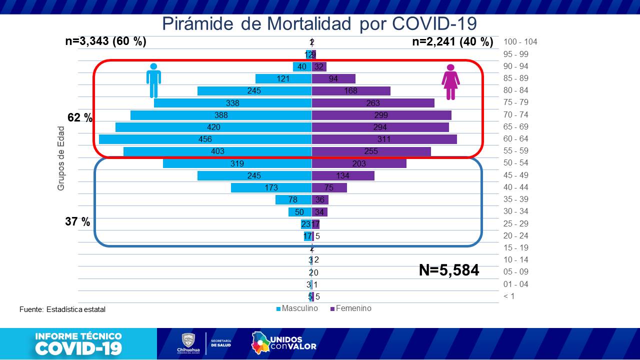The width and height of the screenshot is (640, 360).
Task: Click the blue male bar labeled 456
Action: pos(205,139)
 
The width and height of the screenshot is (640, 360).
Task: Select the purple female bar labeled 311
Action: pos(384,139)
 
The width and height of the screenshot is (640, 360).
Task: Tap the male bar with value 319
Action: pos(237,163)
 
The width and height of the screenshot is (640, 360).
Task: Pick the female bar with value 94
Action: pos(333,78)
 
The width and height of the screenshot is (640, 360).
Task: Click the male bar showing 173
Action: pos(271,187)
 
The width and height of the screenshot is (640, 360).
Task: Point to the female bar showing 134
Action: pos(343,175)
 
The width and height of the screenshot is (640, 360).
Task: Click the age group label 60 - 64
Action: pos(516,139)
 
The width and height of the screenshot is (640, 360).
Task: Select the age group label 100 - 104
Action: pos(520,42)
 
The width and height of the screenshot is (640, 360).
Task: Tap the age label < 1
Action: pos(508,296)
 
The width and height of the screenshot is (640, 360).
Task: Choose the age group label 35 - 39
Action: pos(516,199)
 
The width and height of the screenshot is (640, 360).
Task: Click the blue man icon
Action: pos(153,80)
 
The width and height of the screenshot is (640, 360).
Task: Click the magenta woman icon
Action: pos(450,82)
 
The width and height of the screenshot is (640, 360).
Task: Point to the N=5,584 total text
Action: pos(448,270)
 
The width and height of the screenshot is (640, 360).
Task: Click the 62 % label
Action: pos(80,118)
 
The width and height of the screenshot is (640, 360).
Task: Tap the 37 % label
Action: pos(77,221)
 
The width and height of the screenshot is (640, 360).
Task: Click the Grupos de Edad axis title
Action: pos(61,158)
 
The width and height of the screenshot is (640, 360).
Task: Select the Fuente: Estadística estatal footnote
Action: pos(62,309)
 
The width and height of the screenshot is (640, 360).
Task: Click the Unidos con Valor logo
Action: pos(283,343)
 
